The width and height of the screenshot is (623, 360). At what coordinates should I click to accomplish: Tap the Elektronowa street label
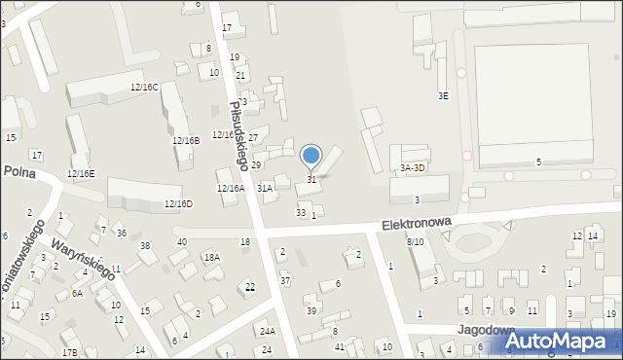416,224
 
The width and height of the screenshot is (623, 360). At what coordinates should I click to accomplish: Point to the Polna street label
19,170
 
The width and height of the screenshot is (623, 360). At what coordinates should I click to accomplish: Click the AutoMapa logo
564,341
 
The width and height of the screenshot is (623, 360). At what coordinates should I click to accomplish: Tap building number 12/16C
144,88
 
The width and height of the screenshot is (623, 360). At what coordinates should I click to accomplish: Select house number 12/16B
186,141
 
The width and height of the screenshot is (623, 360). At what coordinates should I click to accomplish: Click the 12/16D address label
178,204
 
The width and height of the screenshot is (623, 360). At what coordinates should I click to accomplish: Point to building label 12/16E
81,174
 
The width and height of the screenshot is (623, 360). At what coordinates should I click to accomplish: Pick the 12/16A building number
230,189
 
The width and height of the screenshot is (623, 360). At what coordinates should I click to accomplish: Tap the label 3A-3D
413,167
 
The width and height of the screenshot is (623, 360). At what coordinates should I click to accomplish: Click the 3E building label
443,95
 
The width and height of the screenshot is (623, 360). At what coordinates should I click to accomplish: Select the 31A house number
265,188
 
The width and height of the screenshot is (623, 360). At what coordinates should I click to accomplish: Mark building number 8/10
416,241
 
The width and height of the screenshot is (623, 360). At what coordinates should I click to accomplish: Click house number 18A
211,258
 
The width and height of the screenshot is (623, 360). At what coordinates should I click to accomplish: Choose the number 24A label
267,332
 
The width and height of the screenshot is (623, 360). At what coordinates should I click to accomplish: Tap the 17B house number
69,352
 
